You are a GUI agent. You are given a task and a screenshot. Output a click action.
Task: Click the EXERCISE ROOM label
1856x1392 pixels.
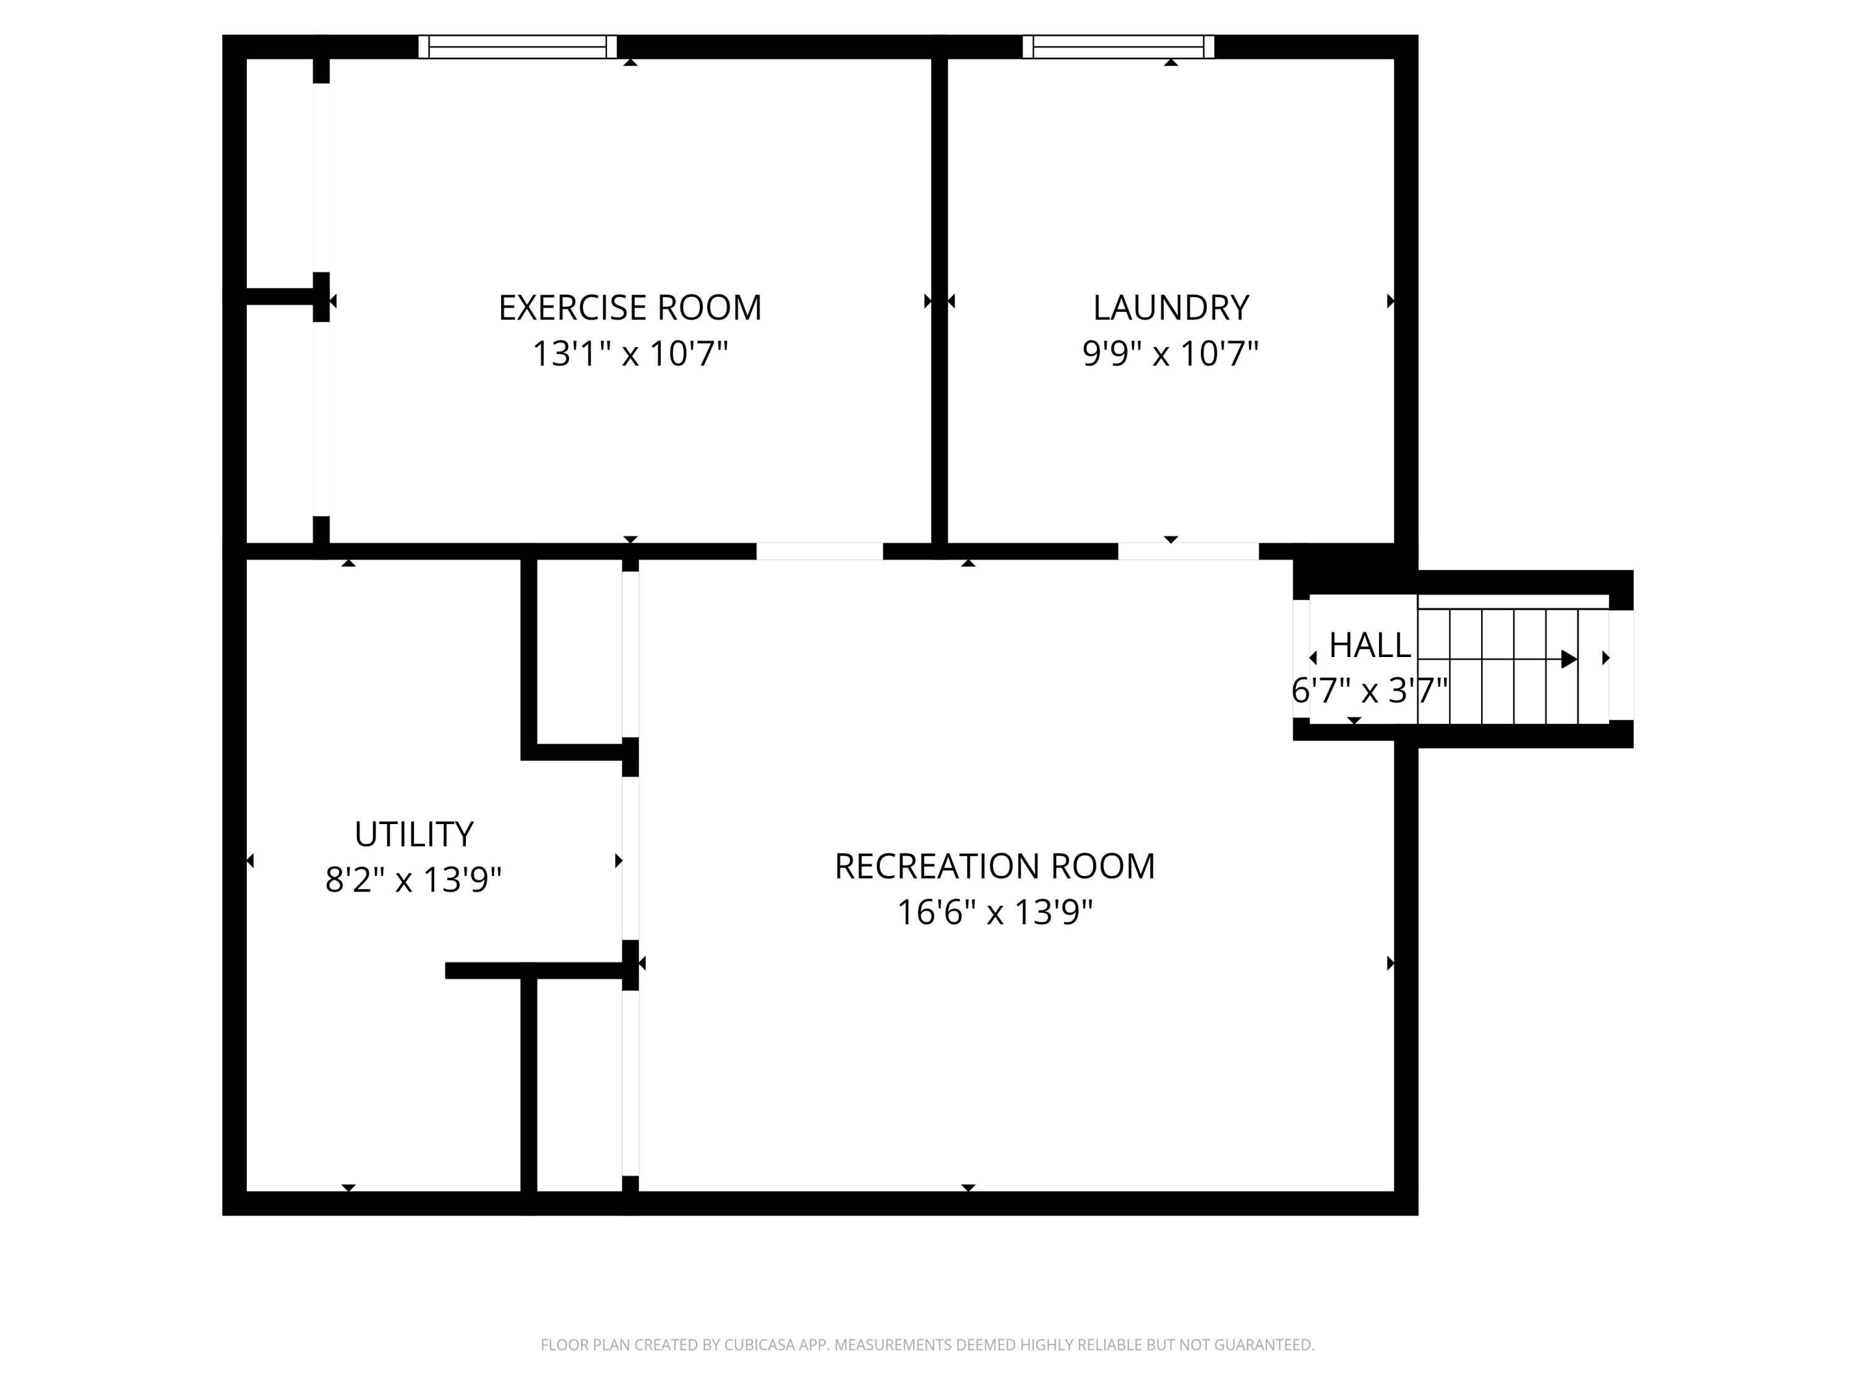click(629, 308)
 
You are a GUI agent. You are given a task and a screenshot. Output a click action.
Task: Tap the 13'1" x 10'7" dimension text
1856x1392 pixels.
click(629, 353)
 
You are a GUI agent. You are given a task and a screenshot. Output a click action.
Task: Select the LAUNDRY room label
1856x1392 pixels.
click(1171, 308)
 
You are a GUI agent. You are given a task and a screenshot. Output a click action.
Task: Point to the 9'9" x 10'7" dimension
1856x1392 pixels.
click(1171, 353)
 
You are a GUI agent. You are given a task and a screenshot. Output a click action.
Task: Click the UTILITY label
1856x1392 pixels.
click(414, 834)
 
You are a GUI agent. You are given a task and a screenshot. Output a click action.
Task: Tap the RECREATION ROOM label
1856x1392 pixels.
click(994, 866)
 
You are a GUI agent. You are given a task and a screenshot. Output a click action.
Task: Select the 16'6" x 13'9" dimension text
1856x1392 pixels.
click(994, 912)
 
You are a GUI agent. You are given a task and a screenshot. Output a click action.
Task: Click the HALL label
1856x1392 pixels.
click(1369, 645)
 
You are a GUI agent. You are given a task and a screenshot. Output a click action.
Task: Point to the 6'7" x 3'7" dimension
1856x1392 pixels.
click(1369, 690)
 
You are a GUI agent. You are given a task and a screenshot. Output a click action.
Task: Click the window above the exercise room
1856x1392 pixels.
click(518, 47)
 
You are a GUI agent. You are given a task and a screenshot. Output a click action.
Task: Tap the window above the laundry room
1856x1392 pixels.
click(1118, 47)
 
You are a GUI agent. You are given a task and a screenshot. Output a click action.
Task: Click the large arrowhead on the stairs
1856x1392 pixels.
click(1567, 659)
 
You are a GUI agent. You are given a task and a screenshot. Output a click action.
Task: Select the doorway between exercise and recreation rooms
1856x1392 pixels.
click(819, 551)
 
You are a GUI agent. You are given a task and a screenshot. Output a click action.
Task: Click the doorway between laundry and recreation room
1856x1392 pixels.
click(1187, 551)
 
